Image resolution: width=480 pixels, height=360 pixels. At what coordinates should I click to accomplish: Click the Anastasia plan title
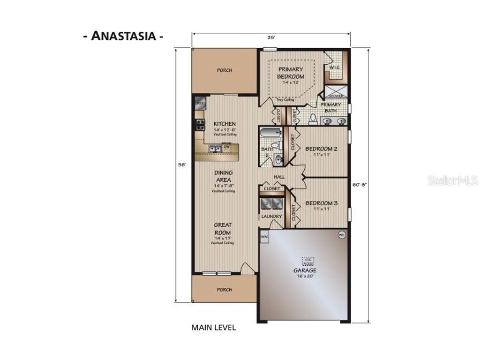124,36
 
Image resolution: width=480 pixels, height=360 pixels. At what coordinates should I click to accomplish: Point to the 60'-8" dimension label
359,184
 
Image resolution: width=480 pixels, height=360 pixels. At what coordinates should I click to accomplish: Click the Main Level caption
213,328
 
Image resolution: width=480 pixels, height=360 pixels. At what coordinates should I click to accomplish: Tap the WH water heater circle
341,235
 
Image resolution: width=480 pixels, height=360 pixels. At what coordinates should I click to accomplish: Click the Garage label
305,271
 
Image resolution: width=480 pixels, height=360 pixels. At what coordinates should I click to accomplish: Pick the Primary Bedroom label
291,73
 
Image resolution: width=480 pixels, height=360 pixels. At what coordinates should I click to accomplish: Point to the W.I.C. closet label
334,67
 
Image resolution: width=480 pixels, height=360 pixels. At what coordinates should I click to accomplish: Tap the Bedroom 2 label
322,149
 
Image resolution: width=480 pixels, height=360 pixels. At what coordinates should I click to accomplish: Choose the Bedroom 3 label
322,203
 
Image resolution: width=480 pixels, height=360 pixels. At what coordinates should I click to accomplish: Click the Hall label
279,177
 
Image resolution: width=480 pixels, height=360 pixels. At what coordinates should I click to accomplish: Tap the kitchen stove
200,124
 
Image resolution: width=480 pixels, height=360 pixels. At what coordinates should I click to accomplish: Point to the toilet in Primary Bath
314,118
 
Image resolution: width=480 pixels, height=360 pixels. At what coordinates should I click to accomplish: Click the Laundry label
272,217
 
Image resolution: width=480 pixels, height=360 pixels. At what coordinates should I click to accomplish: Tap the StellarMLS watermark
452,180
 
